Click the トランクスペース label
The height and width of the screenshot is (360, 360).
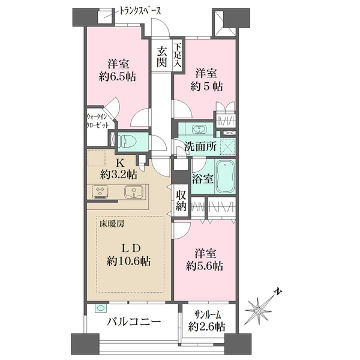coord(140,11)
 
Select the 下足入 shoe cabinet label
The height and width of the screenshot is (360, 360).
coord(177,55)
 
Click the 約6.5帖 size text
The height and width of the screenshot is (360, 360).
coord(118,77)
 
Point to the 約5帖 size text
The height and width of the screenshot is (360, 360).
coord(206,87)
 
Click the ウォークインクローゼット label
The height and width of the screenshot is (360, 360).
coord(97,121)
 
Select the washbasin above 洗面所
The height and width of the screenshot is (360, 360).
coord(199,130)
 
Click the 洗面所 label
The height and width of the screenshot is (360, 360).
coord(200,146)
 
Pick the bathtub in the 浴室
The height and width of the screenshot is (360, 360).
coord(226,176)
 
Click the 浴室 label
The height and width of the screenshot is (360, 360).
coord(203,179)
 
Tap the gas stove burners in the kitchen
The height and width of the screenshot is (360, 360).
coord(100,192)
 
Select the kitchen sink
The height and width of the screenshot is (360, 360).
coord(134,192)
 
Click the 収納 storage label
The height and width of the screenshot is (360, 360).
coord(181,200)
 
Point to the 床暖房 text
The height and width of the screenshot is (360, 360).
coord(112,223)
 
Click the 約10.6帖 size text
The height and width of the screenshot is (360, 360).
coord(129,261)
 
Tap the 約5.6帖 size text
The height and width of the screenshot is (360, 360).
coord(205,266)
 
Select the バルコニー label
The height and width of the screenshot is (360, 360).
coord(134,322)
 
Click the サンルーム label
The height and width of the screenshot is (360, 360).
coord(208,315)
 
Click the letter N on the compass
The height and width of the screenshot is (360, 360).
coord(278,292)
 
